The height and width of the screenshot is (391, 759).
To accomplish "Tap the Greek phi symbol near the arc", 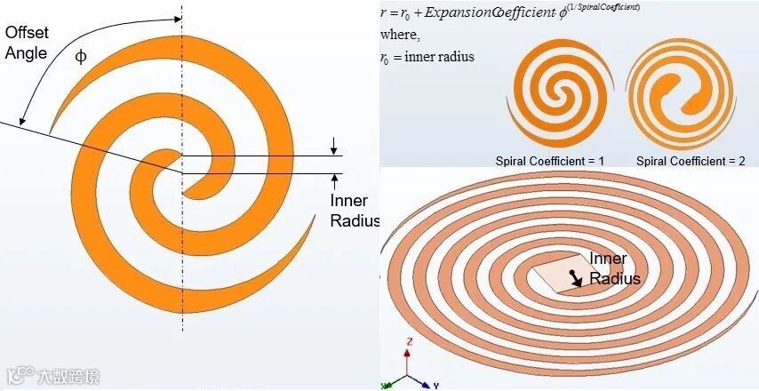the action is point(81,56).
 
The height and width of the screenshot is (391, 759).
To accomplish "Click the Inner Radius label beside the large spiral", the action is point(355,211).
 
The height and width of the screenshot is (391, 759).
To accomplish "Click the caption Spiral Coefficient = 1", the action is point(549,161).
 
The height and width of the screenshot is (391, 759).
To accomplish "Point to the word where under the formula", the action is point(400,35).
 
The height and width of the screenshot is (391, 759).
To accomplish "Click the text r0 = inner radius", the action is point(427,57).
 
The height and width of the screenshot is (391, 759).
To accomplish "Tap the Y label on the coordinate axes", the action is point(437,386).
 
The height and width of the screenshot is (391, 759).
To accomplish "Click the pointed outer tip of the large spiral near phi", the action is point(51,130).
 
